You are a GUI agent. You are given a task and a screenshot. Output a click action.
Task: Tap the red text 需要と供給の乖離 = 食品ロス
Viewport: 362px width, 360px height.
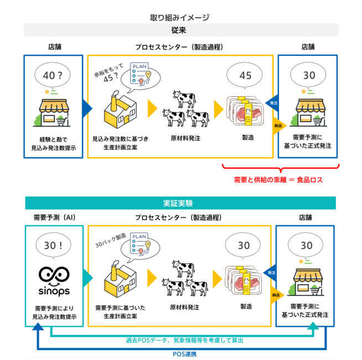278,180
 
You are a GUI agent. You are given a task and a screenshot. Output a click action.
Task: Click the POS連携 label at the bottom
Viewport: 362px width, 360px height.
181,354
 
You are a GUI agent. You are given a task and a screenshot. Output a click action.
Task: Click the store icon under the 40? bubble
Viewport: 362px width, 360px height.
54,111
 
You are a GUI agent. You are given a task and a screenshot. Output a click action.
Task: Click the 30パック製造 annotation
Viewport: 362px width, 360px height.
108,242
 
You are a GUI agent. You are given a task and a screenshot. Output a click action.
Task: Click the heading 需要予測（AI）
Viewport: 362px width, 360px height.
54,217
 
